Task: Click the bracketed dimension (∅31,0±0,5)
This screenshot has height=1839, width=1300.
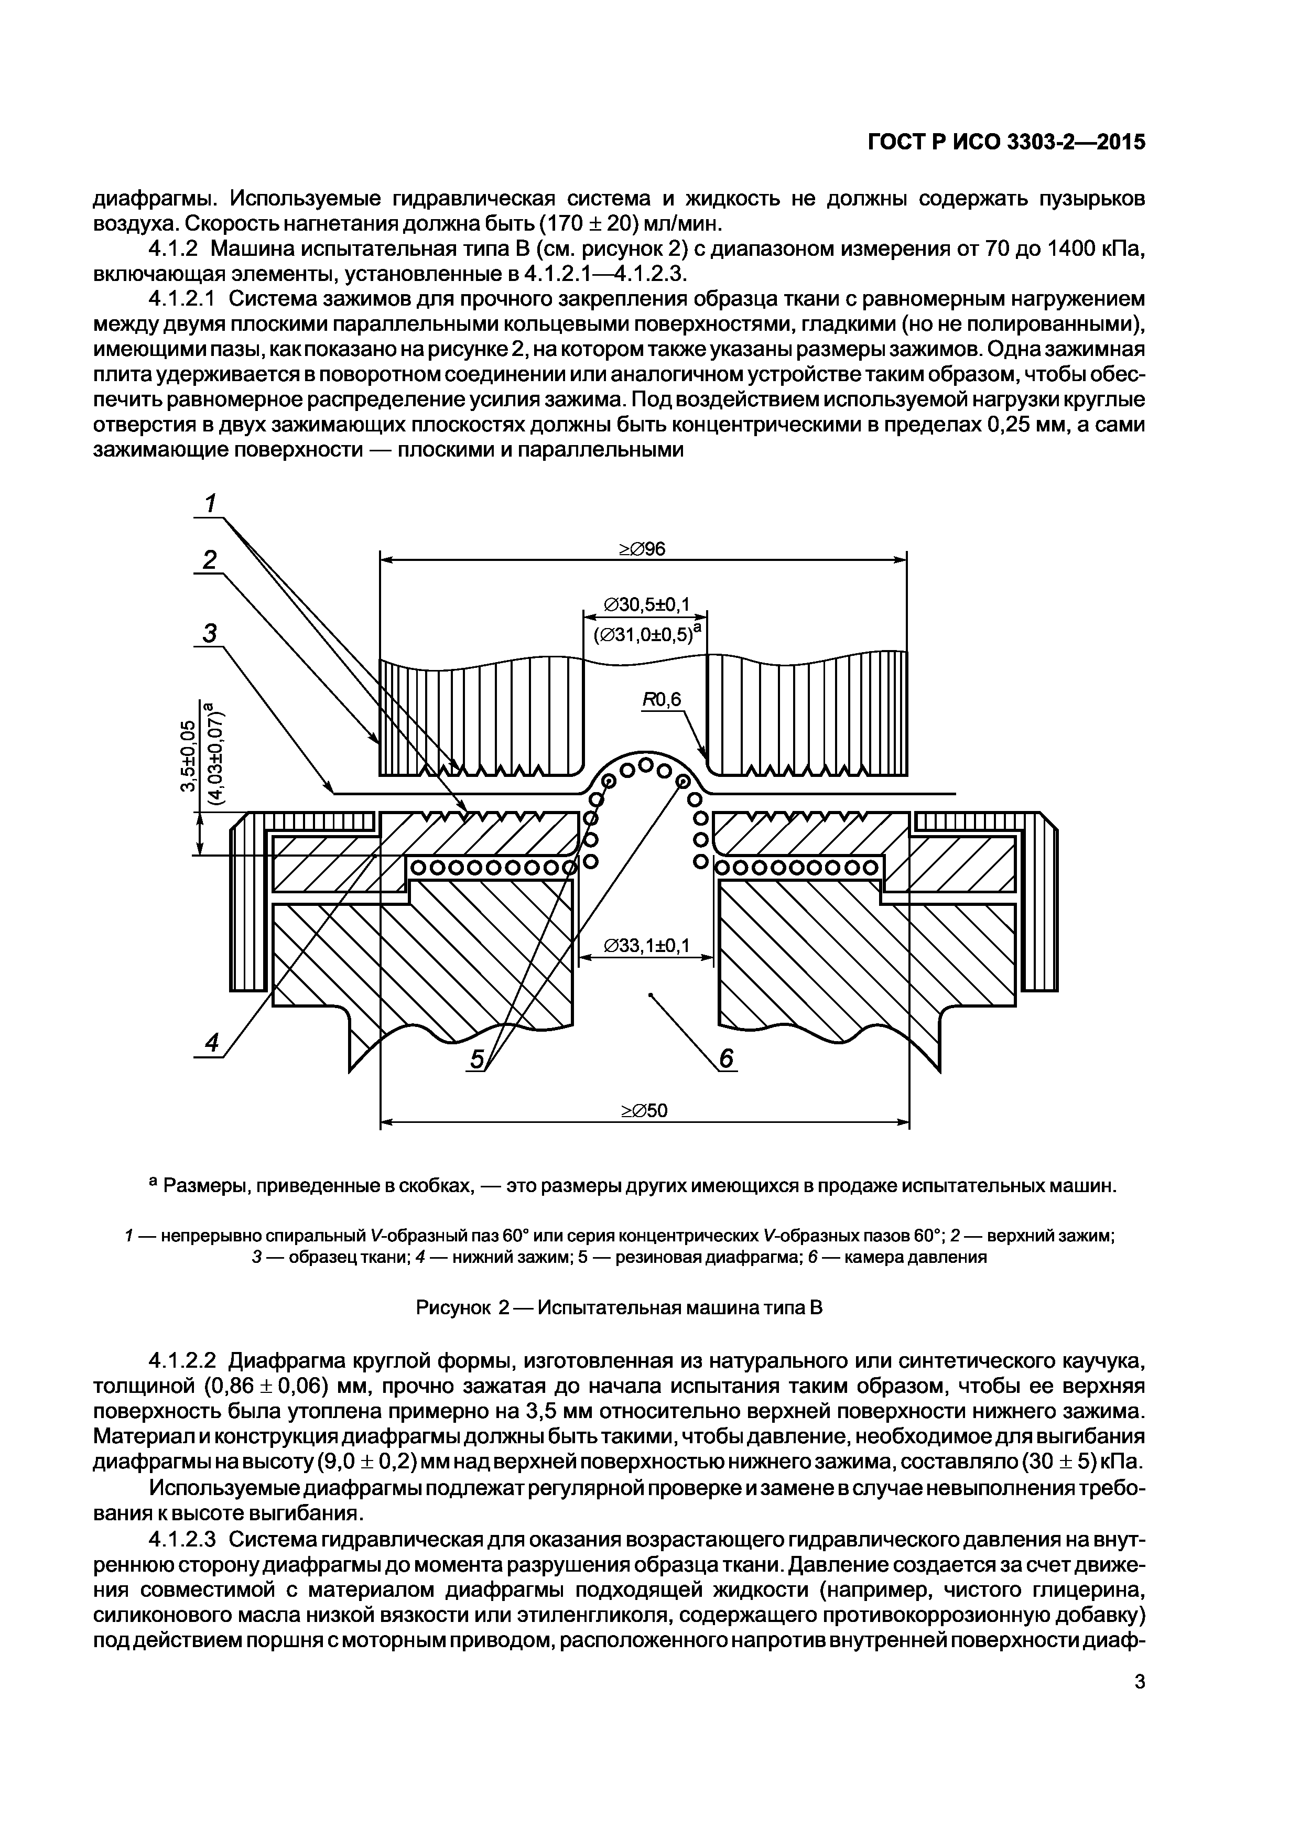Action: pos(646,634)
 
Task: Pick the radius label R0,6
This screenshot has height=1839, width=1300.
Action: pos(661,700)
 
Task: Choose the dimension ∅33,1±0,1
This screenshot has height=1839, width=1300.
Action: pos(646,946)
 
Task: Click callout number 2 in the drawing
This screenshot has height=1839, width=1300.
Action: pos(210,559)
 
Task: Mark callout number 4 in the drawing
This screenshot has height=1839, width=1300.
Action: pos(211,1043)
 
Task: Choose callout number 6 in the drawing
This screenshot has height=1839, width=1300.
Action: pos(725,1059)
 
